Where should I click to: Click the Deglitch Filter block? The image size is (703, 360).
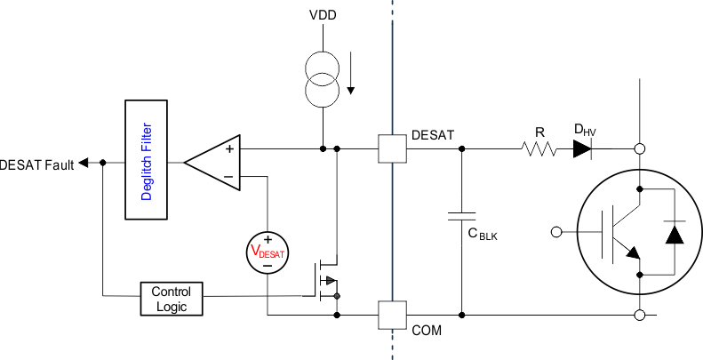(x=147, y=163)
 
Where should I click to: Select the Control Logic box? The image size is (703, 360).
(x=172, y=299)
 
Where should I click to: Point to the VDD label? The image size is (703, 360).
(x=323, y=16)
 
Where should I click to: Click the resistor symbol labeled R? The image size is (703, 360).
(x=539, y=149)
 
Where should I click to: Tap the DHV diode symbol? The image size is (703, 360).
(x=581, y=149)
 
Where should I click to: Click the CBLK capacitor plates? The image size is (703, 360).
(x=460, y=216)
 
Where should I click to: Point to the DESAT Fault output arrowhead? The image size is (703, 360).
(x=83, y=163)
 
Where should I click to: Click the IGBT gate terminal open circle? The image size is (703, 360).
(x=556, y=232)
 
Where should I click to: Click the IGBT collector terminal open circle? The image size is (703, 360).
(x=638, y=149)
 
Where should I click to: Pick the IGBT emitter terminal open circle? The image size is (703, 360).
(x=638, y=314)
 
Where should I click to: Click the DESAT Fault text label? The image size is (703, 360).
(x=37, y=164)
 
